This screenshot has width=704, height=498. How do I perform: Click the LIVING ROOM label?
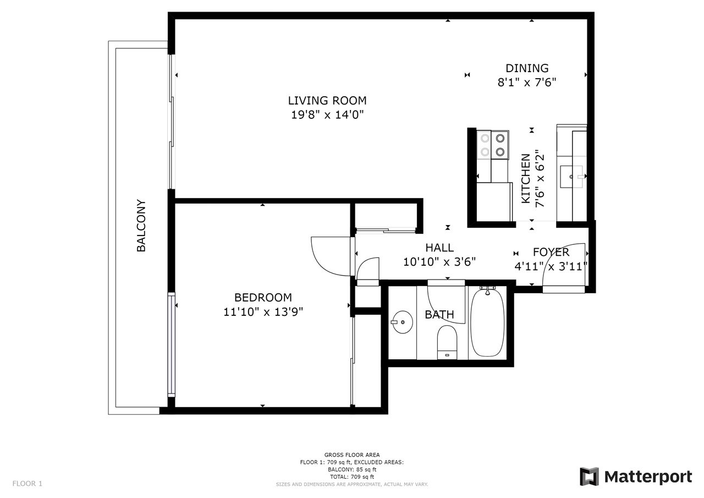click(x=327, y=101)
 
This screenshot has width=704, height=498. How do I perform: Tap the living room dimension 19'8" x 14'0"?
click(x=327, y=115)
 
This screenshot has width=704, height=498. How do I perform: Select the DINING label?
click(x=527, y=68)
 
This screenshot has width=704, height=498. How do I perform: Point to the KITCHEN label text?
click(x=526, y=178)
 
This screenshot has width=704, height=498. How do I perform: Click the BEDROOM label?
click(x=263, y=297)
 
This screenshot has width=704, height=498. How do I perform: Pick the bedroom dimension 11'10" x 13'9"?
click(x=263, y=312)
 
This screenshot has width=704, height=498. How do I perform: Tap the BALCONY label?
click(x=141, y=226)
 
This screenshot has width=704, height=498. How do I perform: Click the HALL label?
click(x=439, y=248)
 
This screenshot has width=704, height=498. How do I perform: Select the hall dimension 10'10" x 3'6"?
click(x=439, y=262)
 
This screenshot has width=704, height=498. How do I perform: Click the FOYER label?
click(x=551, y=252)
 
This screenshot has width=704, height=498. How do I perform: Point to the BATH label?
click(x=439, y=314)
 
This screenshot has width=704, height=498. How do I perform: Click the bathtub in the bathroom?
click(x=487, y=322)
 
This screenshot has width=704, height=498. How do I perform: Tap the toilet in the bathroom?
click(x=447, y=342)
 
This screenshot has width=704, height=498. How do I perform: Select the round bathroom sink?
click(x=402, y=322)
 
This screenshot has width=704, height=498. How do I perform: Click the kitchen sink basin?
click(x=571, y=177)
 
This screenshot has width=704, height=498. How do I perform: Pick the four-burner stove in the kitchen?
click(x=492, y=145)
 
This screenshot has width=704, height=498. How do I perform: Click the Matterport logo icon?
click(x=589, y=477)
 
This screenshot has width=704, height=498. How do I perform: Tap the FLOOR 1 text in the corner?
click(x=28, y=484)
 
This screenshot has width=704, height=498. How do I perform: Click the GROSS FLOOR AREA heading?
click(x=352, y=455)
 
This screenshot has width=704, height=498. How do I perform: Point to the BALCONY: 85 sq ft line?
click(x=352, y=469)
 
